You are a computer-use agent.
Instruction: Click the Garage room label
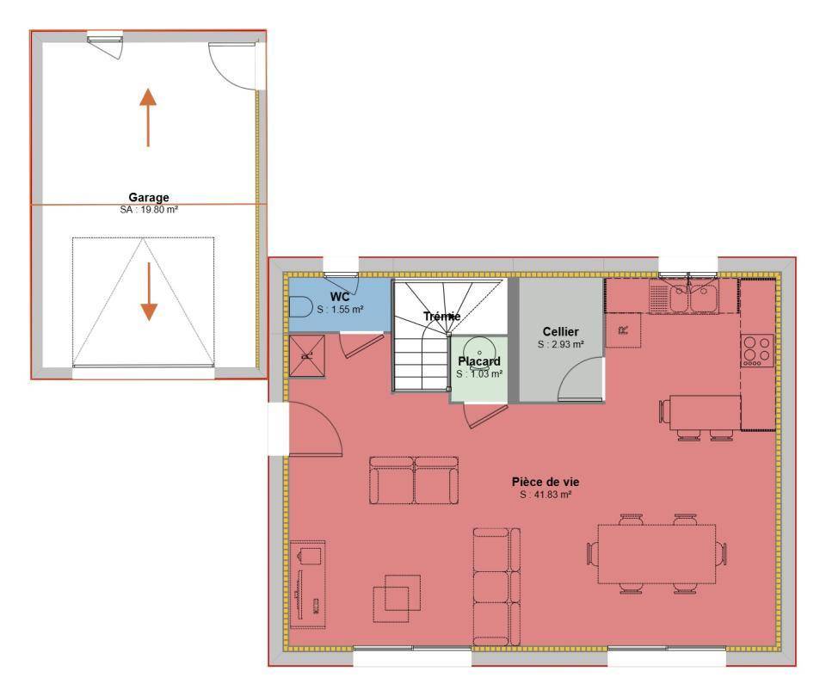(149, 198)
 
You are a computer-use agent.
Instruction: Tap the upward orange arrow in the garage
(148, 118)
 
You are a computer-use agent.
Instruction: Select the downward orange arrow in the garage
(149, 292)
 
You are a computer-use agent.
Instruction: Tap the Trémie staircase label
(442, 316)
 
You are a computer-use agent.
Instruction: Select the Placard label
(479, 361)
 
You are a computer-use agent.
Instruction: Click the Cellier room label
(560, 332)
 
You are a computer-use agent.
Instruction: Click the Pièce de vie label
(546, 482)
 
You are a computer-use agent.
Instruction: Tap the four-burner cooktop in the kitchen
(757, 350)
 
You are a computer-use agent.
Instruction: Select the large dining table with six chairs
(656, 554)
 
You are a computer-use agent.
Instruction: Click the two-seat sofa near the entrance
(414, 481)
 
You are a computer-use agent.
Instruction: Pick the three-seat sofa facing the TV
(496, 587)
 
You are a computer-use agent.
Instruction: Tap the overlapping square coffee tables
(397, 599)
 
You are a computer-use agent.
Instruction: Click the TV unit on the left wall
(308, 584)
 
